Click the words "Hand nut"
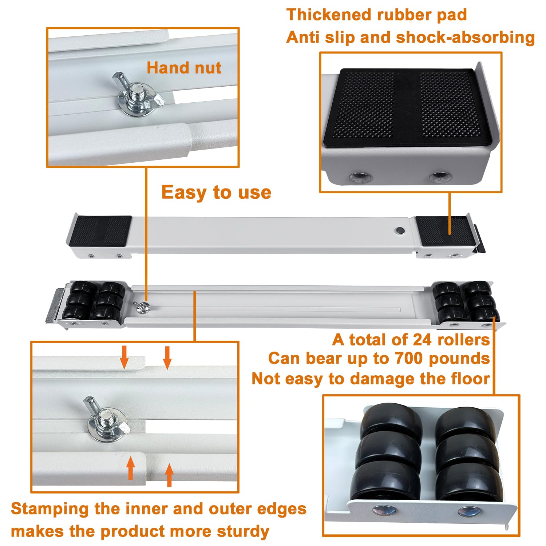pos(184,68)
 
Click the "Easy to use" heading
pos(216,192)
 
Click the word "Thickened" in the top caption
pos(329,15)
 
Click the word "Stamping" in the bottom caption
pos(50,509)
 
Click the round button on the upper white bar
pos(400,230)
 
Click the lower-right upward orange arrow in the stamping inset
pos(169,475)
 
